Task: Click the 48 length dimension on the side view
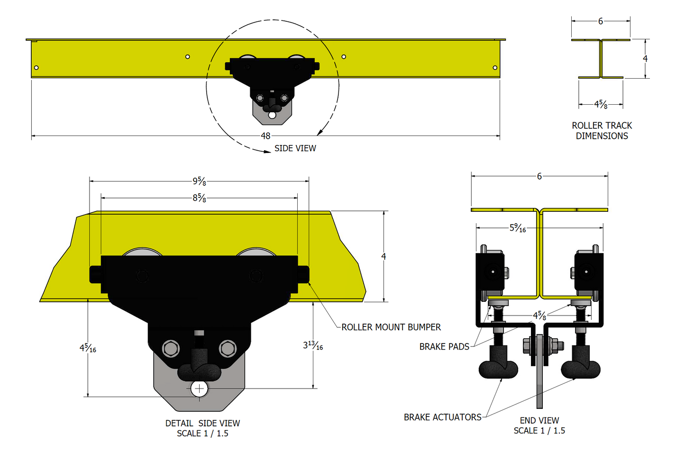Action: point(265,136)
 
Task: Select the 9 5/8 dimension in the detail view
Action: point(199,181)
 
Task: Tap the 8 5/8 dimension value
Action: point(199,198)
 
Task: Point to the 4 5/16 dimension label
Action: point(88,348)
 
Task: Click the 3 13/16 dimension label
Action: point(313,346)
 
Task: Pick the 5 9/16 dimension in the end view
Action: point(518,228)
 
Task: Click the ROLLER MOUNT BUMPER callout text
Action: point(391,327)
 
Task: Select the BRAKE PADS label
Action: point(444,347)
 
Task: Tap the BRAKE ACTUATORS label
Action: point(442,417)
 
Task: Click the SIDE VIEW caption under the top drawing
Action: point(295,148)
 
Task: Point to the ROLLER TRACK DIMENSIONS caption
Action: point(602,131)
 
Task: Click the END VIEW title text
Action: point(539,420)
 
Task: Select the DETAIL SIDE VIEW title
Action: point(202,423)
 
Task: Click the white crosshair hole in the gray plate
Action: point(200,389)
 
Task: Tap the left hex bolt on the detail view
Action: point(171,349)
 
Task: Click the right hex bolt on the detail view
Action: point(228,349)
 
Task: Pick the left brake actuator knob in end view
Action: point(498,368)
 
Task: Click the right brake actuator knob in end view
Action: point(581,368)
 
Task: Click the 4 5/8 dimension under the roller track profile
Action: point(601,104)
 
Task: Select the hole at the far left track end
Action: point(37,68)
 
